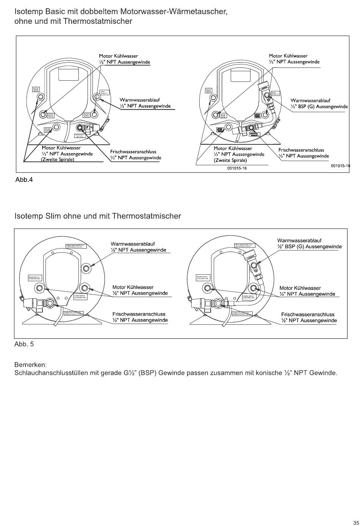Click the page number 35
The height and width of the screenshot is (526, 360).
pyautogui.click(x=356, y=521)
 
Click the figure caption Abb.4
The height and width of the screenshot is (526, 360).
pyautogui.click(x=24, y=180)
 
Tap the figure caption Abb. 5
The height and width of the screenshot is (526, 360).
pyautogui.click(x=24, y=344)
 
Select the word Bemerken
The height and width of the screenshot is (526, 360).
pyautogui.click(x=30, y=365)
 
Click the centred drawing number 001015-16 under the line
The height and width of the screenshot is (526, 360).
pyautogui.click(x=237, y=168)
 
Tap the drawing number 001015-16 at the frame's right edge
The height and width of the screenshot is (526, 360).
pyautogui.click(x=340, y=166)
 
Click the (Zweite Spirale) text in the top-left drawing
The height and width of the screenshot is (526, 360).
pyautogui.click(x=58, y=160)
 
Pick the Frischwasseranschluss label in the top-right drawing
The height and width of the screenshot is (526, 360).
pyautogui.click(x=301, y=150)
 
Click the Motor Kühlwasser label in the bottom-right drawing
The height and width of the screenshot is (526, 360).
pyautogui.click(x=300, y=288)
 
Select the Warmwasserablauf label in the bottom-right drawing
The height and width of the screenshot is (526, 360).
pyautogui.click(x=299, y=241)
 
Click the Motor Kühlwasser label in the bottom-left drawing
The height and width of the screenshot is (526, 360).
pyautogui.click(x=133, y=287)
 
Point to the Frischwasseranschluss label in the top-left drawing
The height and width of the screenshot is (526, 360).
pyautogui.click(x=133, y=152)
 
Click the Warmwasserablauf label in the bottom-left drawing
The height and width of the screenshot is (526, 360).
pyautogui.click(x=132, y=244)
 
